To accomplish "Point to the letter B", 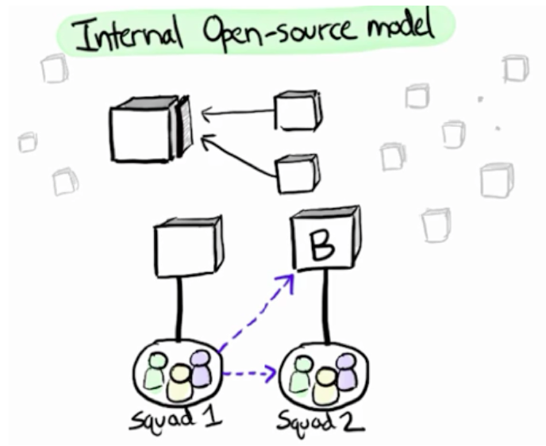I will click(x=321, y=248).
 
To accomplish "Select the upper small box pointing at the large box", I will click(x=298, y=110).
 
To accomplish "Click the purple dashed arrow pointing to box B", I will click(x=254, y=313).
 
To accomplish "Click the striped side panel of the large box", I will click(x=185, y=127).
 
